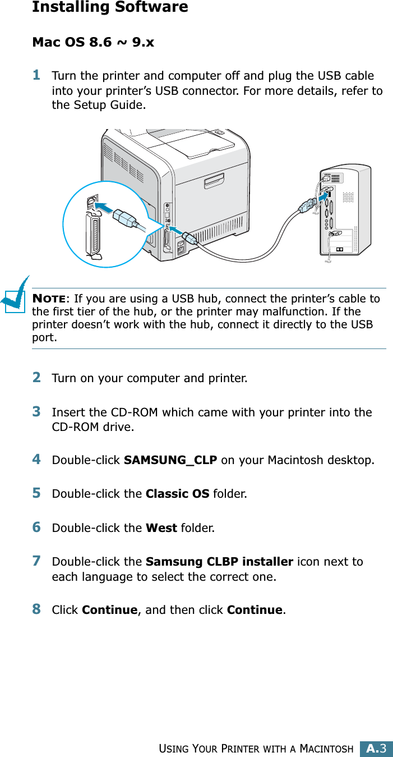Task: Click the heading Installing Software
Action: point(110,8)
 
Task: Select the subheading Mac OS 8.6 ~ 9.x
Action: point(93,43)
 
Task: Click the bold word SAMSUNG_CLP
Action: point(170,461)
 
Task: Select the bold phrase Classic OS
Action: point(177,494)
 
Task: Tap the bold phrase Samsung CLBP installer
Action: point(219,562)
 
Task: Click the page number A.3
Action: point(377,748)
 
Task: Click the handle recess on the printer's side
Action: point(217,183)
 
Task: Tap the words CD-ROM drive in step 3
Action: point(93,427)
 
